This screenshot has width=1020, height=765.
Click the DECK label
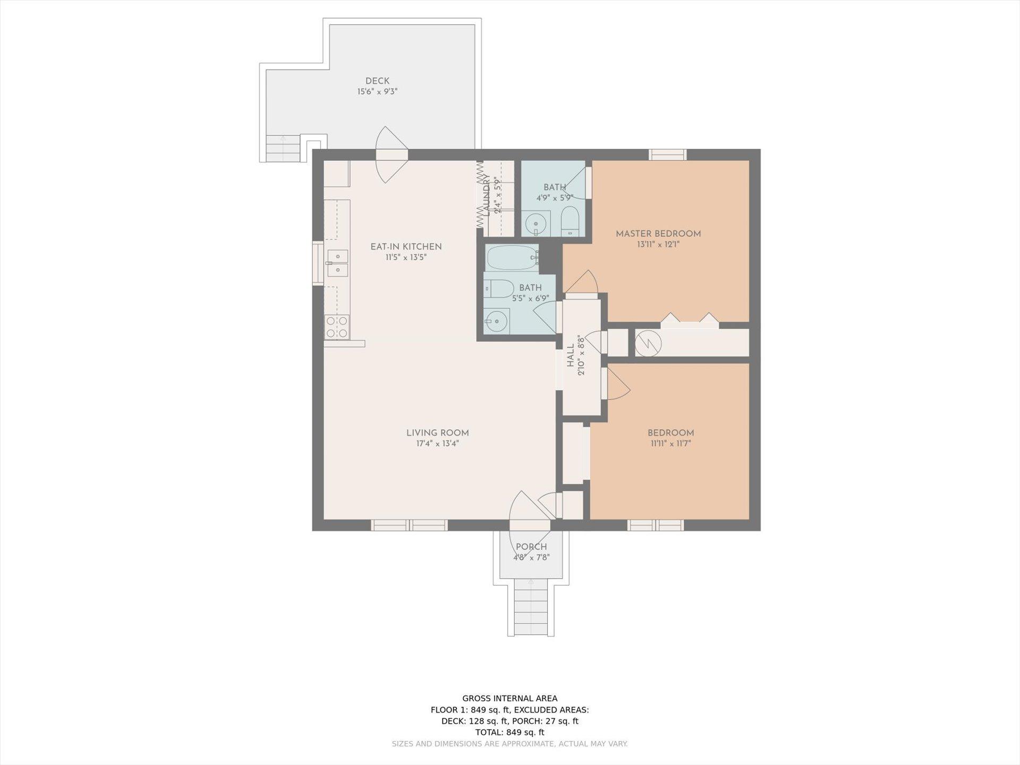(377, 81)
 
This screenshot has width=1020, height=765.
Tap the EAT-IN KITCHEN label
(406, 246)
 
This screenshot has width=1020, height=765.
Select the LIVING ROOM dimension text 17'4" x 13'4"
(437, 444)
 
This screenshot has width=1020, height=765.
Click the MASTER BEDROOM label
(658, 234)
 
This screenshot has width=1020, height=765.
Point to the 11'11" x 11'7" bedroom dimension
(670, 444)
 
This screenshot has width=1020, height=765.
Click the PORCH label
(531, 547)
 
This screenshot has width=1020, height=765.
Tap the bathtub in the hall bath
(513, 258)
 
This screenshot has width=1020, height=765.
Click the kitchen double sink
(337, 263)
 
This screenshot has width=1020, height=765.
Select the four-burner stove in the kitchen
(337, 327)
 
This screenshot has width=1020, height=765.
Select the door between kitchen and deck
(392, 155)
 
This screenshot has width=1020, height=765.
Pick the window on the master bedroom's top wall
(668, 155)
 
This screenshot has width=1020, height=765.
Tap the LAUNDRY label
(486, 193)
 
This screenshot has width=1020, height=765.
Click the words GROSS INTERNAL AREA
(510, 699)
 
